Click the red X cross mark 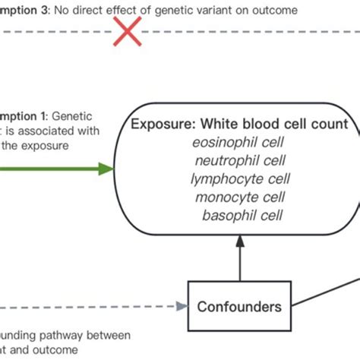pyautogui.click(x=127, y=32)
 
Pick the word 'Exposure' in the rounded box pyautogui.click(x=159, y=125)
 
